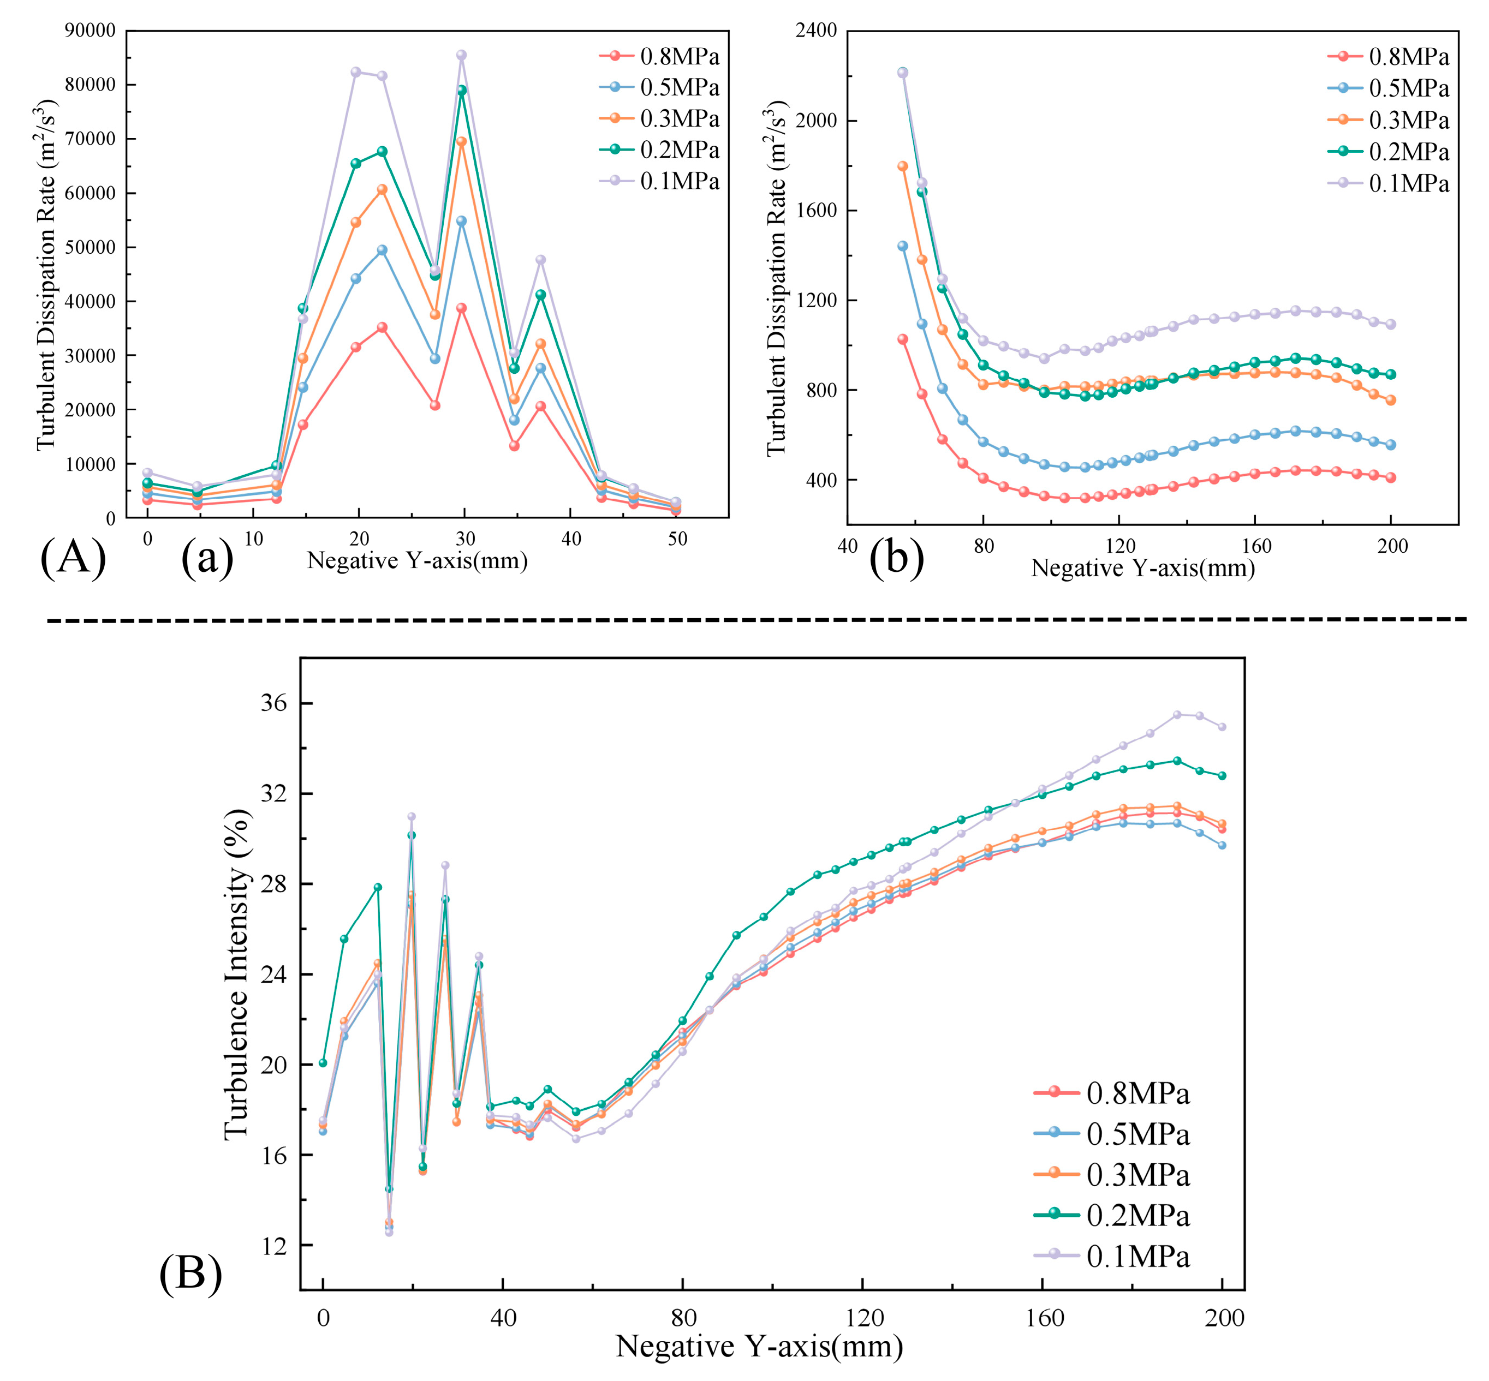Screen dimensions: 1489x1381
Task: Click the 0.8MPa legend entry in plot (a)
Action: [x=659, y=56]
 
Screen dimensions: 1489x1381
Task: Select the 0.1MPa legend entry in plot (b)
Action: [x=1388, y=184]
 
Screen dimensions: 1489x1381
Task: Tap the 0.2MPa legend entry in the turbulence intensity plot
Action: [x=1111, y=1215]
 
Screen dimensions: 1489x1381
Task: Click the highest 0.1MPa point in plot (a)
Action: [x=461, y=55]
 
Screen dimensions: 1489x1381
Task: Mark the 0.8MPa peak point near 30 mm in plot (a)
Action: [x=461, y=308]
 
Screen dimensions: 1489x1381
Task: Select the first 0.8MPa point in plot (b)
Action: [x=902, y=339]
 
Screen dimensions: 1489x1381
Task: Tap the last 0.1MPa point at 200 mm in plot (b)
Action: [x=1390, y=324]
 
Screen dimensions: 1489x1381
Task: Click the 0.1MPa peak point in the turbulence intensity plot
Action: [x=1177, y=714]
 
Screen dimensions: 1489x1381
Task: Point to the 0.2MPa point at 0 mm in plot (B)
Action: [x=323, y=1063]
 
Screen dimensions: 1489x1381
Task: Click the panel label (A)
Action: [x=73, y=558]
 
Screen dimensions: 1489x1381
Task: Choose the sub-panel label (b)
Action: [x=896, y=558]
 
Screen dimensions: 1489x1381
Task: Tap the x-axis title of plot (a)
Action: [x=417, y=560]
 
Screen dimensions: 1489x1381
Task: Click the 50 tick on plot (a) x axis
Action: [x=677, y=540]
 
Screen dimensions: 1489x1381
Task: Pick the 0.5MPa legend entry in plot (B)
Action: [x=1111, y=1134]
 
